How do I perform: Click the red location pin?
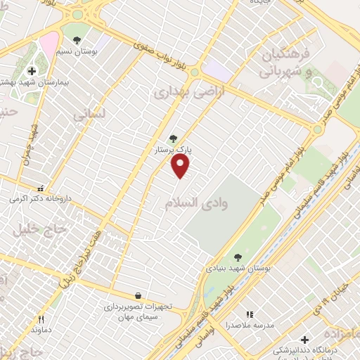pyautogui.click(x=181, y=165)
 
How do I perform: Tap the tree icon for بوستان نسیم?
pyautogui.click(x=77, y=40)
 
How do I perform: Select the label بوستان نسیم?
pyautogui.click(x=96, y=51)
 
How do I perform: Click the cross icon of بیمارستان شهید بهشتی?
pyautogui.click(x=32, y=71)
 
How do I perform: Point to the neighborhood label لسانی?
pyautogui.click(x=89, y=112)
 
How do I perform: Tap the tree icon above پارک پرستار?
pyautogui.click(x=173, y=139)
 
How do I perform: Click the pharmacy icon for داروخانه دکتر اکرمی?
pyautogui.click(x=41, y=188)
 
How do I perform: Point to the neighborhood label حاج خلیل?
pyautogui.click(x=39, y=229)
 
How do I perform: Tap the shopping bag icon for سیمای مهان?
pyautogui.click(x=137, y=296)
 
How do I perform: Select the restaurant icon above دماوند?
pyautogui.click(x=41, y=319)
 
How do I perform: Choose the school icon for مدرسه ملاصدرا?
pyautogui.click(x=249, y=314)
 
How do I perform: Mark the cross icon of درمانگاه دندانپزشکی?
pyautogui.click(x=304, y=340)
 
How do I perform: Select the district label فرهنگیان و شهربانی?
pyautogui.click(x=290, y=63)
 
